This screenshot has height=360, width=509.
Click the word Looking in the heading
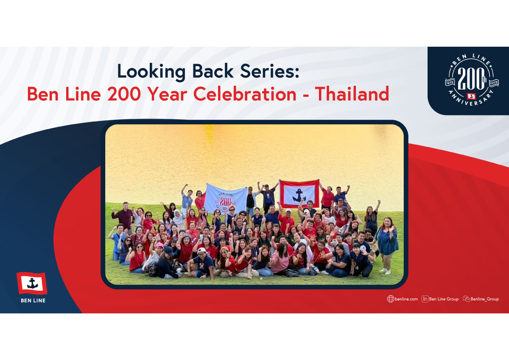(151, 72)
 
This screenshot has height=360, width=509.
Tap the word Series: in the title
(269, 71)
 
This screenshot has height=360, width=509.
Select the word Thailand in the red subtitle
(352, 94)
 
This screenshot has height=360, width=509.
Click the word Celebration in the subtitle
(245, 94)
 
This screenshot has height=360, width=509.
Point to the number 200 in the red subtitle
(124, 94)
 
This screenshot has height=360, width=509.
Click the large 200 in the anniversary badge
(471, 79)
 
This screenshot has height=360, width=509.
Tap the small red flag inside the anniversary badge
(472, 96)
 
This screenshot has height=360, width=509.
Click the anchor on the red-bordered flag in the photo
(299, 195)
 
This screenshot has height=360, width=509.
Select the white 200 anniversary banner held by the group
(226, 199)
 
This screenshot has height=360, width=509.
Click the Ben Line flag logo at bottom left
(32, 283)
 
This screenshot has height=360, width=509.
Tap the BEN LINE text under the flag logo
(33, 301)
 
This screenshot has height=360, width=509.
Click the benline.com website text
(406, 299)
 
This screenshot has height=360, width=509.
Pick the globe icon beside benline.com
(391, 299)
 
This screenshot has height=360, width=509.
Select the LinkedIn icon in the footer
(425, 299)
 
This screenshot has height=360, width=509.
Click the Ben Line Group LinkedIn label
(444, 299)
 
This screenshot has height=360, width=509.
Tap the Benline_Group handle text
(485, 299)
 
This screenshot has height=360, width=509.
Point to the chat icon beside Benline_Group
(466, 299)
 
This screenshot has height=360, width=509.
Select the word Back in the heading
(213, 71)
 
